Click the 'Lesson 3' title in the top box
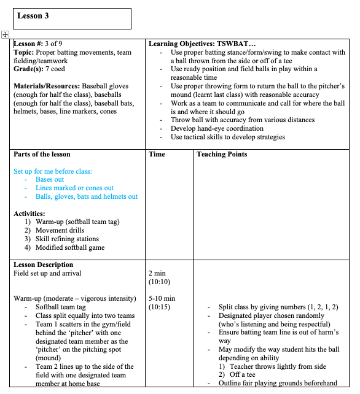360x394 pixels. (33, 16)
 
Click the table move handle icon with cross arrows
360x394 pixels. (5, 35)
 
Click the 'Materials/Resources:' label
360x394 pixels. (47, 87)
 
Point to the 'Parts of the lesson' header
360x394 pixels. (42, 154)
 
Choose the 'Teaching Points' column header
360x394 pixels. (222, 154)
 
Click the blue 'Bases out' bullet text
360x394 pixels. (50, 180)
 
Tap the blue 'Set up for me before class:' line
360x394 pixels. (53, 171)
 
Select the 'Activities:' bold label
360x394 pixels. (29, 214)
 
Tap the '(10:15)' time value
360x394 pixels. (160, 307)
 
